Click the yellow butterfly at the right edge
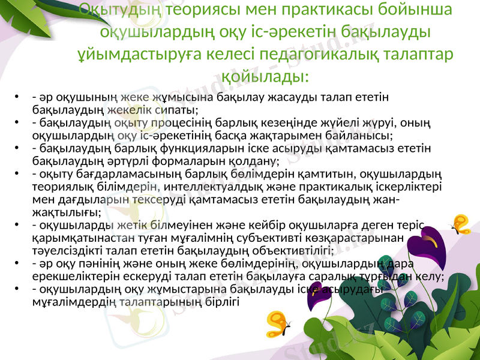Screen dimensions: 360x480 [460, 223]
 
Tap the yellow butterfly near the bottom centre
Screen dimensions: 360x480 [277, 324]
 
